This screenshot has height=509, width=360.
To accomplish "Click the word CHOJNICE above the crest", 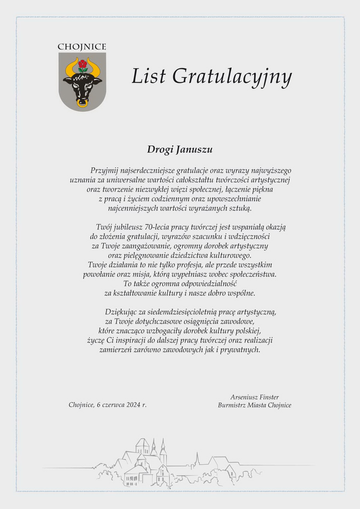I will (82, 47).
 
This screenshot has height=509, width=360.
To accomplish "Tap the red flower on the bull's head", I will (82, 64).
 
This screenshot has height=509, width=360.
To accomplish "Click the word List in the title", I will (148, 76).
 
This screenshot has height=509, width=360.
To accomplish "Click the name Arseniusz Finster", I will (254, 397).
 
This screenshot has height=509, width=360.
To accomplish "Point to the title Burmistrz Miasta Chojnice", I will (254, 405).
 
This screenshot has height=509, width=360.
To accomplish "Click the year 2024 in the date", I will (133, 405).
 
